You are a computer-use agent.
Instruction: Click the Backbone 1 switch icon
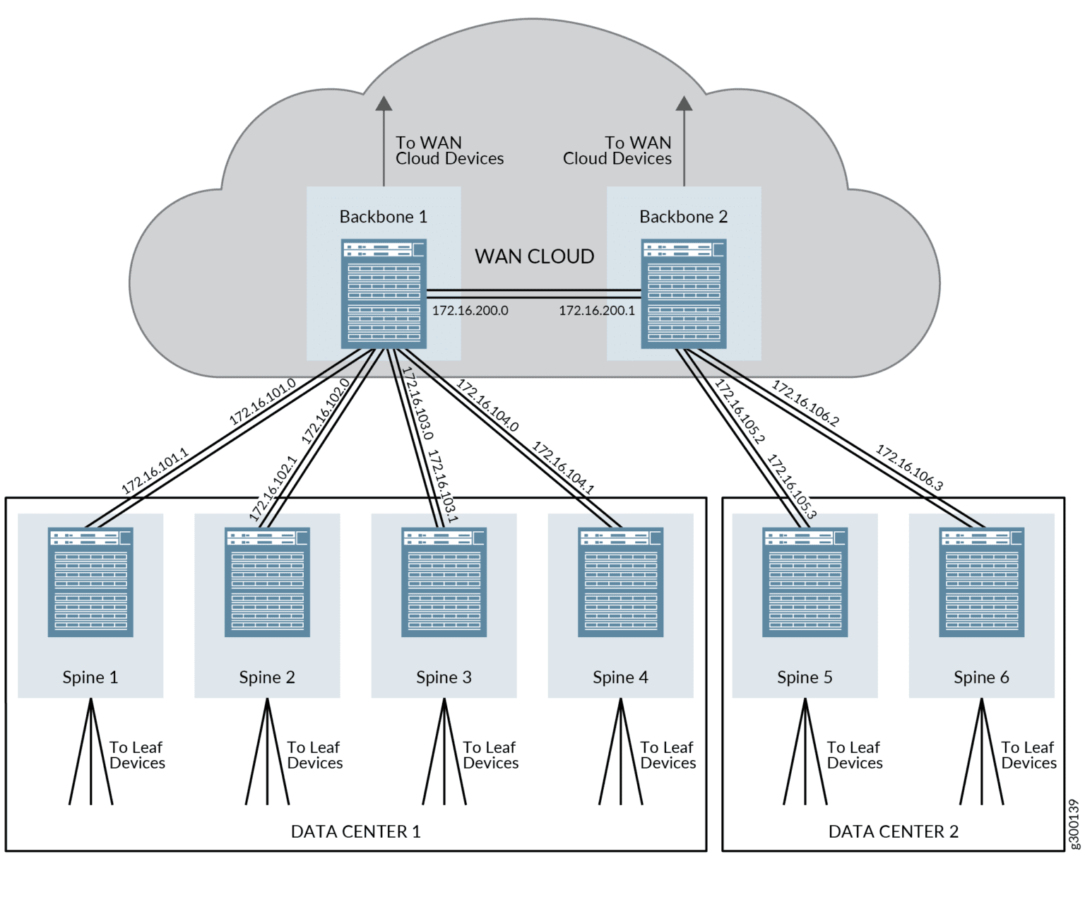[x=384, y=294]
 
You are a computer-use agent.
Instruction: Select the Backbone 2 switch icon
[x=683, y=294]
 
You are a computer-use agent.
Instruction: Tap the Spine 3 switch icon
[x=444, y=582]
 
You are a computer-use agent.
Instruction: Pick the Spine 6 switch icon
[x=981, y=582]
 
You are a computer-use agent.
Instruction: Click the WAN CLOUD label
[x=534, y=256]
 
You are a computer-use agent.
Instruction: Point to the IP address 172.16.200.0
[x=470, y=310]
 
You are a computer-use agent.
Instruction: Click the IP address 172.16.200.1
[x=597, y=310]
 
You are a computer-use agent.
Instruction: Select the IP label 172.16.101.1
[x=155, y=470]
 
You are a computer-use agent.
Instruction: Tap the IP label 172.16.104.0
[x=487, y=405]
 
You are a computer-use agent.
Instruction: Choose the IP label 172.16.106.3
[x=909, y=467]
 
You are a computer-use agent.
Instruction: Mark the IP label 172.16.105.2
[x=740, y=411]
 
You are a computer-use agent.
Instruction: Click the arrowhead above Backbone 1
[x=384, y=103]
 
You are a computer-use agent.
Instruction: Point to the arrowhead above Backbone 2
[x=684, y=103]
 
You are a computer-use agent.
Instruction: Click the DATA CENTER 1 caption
[x=355, y=831]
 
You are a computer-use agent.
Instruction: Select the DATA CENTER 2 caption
[x=894, y=831]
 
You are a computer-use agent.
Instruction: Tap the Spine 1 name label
[x=90, y=677]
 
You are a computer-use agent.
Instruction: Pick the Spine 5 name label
[x=805, y=677]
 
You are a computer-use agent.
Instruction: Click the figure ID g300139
[x=1074, y=824]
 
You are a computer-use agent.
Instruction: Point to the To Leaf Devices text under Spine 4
[x=668, y=755]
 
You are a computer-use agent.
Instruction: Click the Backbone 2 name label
[x=683, y=216]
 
